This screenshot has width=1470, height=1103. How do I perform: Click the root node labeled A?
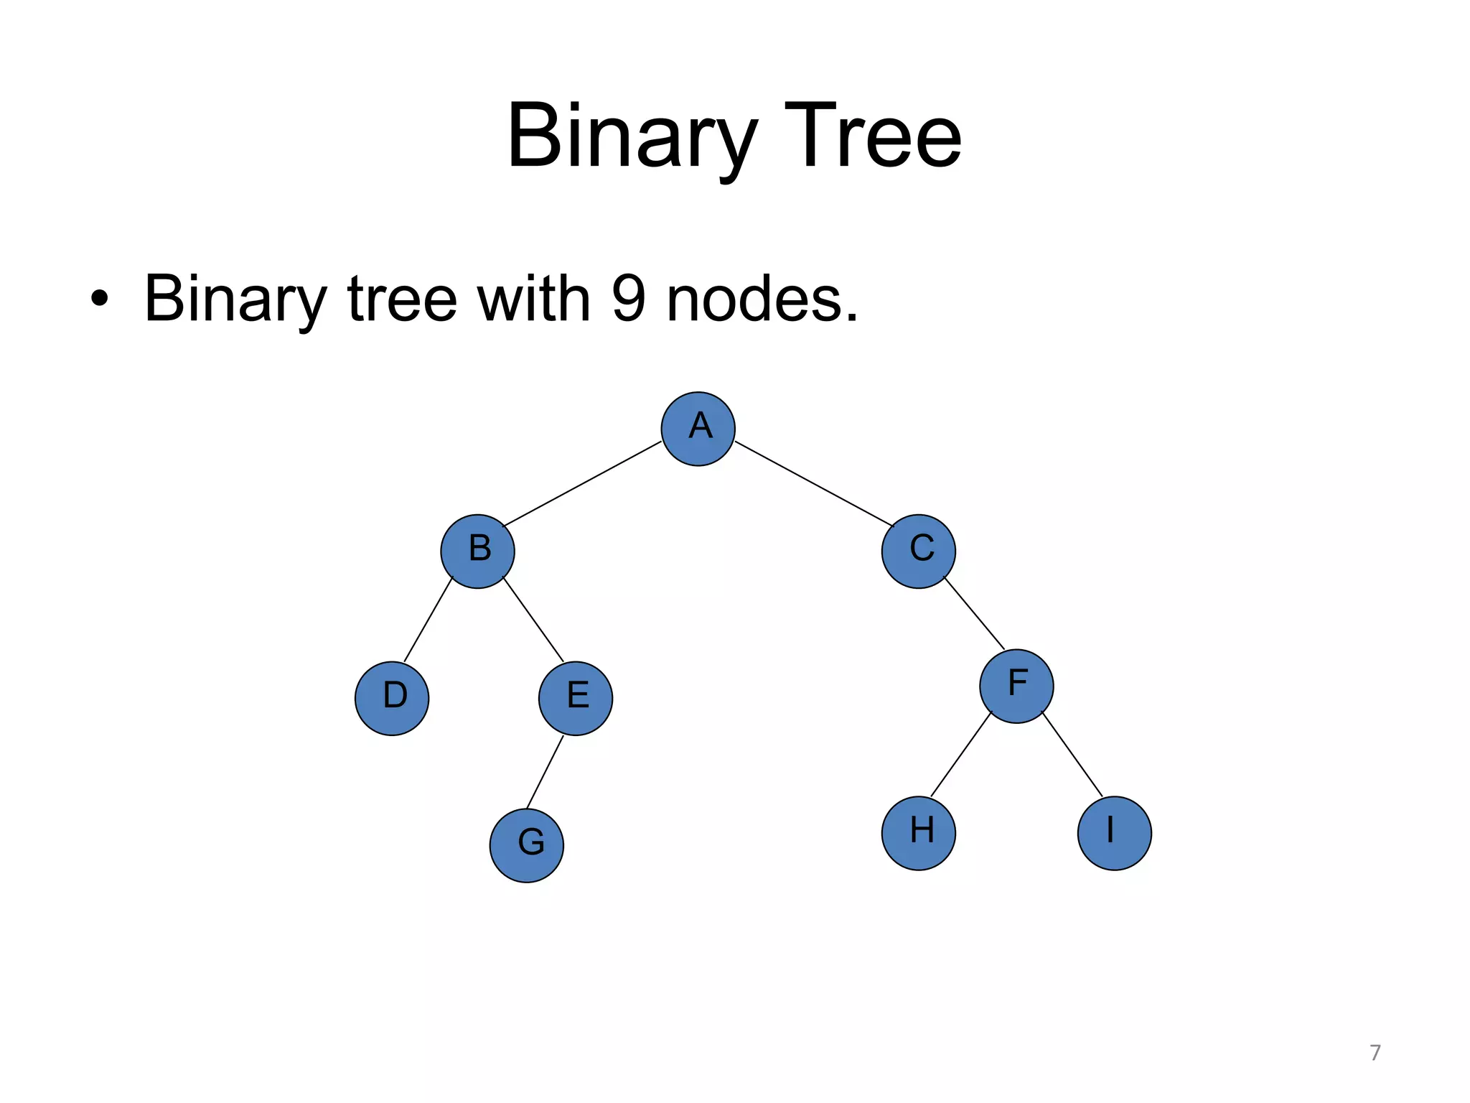pos(698,429)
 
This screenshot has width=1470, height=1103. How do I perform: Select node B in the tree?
pos(477,551)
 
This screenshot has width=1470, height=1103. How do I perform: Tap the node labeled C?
pos(919,551)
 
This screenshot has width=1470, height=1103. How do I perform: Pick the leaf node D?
pos(392,698)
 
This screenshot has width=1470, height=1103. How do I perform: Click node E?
pos(576,698)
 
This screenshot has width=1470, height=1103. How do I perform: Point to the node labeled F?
pos(1016,686)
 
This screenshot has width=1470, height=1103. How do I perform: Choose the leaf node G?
pos(527,845)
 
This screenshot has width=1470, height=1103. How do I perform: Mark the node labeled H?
pos(919,833)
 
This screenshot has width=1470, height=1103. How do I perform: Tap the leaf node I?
pos(1115,833)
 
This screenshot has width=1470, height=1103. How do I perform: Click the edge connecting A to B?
pos(582,483)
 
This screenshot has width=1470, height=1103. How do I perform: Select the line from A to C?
pos(814,483)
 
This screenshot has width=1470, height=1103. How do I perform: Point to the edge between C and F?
pos(974,613)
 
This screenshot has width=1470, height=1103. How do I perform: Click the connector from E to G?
pos(545,772)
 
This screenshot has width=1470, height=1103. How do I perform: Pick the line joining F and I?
pos(1072,753)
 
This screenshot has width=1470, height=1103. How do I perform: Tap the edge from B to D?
pos(429,619)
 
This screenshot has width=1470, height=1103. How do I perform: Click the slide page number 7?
pos(1375,1053)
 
